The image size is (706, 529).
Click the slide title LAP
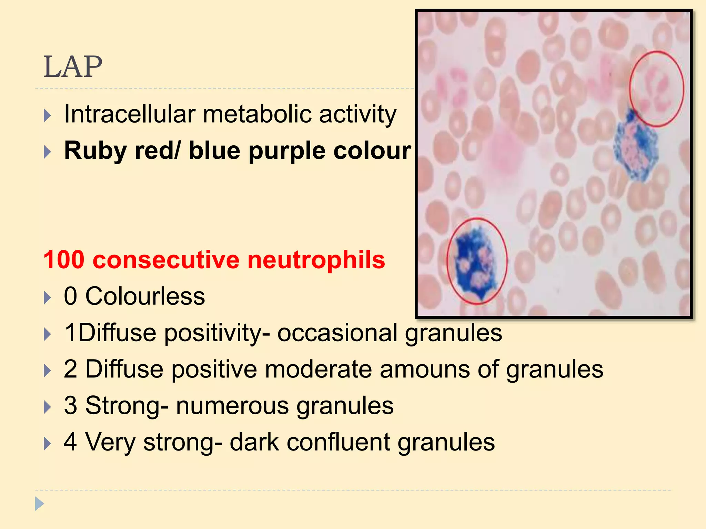(73, 67)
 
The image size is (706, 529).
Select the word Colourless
(145, 296)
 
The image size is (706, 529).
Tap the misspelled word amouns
(425, 369)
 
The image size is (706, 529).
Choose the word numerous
(232, 406)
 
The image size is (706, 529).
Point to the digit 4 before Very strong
(70, 442)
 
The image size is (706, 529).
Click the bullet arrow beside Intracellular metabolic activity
(48, 115)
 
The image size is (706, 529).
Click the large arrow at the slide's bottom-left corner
(39, 504)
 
